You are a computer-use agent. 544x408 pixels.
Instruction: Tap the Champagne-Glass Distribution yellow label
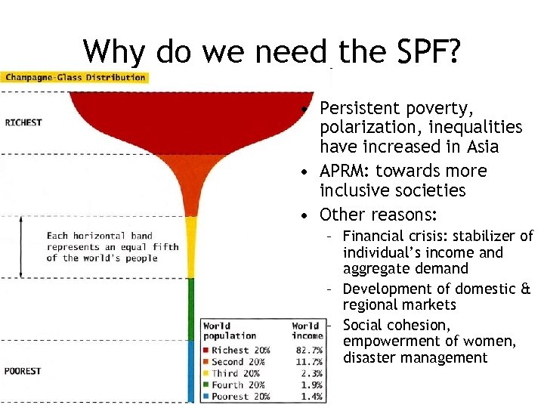(74, 77)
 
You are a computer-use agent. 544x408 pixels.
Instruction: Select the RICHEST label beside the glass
(23, 122)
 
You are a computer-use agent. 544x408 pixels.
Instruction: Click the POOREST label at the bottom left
(23, 371)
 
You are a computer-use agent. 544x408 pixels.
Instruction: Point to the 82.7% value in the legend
(308, 351)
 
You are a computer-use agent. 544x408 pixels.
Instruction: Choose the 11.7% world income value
(308, 362)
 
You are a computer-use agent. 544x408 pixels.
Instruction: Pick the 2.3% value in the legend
(311, 373)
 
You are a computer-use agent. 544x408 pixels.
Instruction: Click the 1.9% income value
(311, 385)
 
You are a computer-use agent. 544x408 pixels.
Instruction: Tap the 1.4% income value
(311, 397)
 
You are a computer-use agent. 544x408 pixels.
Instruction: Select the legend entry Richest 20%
(240, 351)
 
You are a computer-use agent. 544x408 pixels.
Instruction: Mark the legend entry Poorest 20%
(240, 397)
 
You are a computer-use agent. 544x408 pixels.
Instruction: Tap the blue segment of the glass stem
(191, 370)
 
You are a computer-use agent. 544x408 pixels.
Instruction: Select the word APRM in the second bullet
(345, 171)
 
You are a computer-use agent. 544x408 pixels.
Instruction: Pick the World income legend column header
(306, 331)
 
